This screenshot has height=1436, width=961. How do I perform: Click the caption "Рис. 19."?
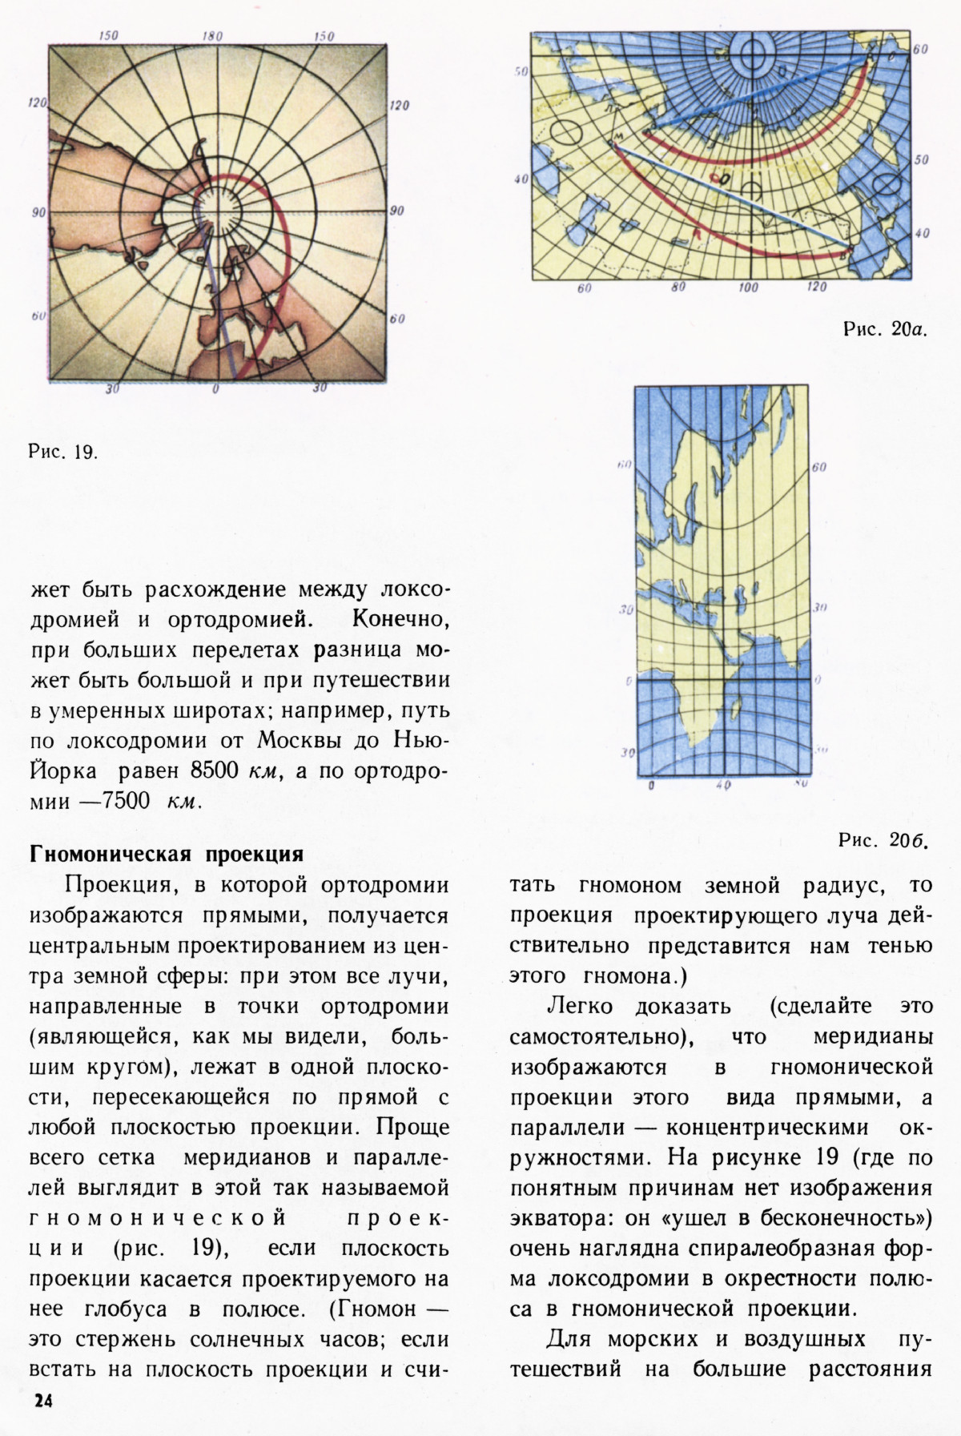[x=63, y=452]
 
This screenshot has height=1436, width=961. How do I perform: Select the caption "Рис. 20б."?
[x=883, y=840]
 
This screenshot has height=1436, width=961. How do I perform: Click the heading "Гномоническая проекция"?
[x=166, y=854]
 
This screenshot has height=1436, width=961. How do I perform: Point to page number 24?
[x=42, y=1401]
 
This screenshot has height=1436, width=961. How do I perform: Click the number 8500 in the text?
[x=215, y=770]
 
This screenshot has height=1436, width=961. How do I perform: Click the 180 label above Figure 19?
[x=212, y=37]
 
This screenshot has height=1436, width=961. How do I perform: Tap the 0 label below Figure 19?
[x=215, y=389]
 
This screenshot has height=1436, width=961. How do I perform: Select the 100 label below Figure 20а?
[x=749, y=288]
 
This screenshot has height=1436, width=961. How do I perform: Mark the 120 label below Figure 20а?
[x=818, y=288]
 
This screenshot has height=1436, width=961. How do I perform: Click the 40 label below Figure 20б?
[x=722, y=786]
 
